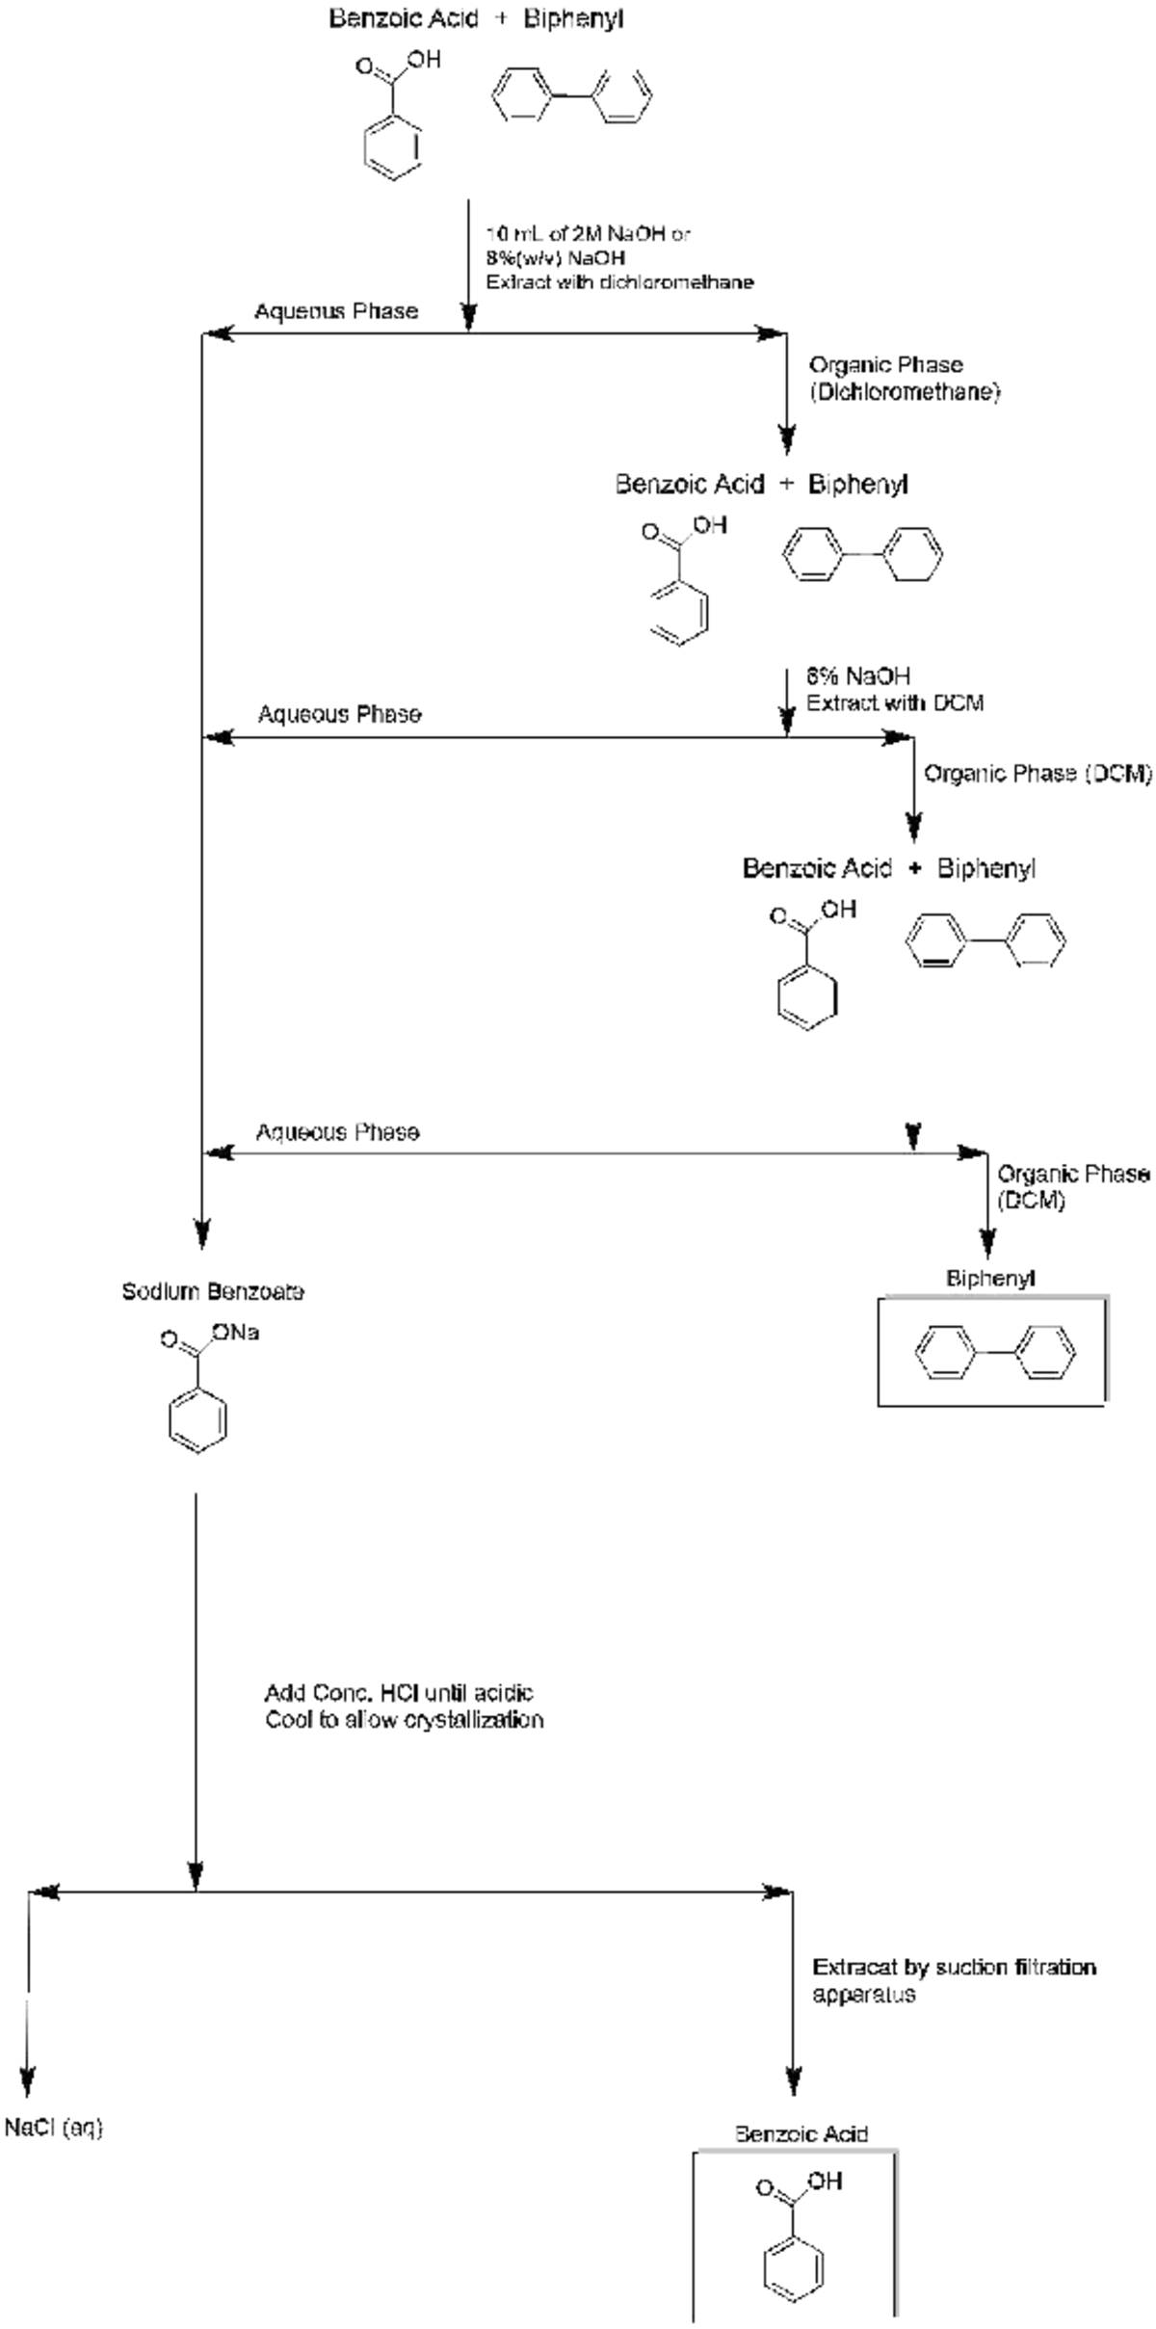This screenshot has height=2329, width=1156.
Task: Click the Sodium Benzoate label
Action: (x=213, y=1291)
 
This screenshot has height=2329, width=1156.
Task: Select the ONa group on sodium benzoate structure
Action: (x=237, y=1333)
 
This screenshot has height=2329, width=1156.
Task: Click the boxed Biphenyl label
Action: (x=990, y=1279)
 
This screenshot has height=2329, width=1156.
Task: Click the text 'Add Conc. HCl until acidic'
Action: (x=399, y=1693)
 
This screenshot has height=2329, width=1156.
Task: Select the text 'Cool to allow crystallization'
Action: (x=405, y=1720)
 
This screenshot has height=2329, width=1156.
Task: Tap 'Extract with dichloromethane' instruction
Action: (x=619, y=282)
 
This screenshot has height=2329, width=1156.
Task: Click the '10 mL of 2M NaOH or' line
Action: (x=588, y=233)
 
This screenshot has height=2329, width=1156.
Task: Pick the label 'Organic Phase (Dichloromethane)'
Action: (x=904, y=379)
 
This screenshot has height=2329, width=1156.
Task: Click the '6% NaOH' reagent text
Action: (x=858, y=675)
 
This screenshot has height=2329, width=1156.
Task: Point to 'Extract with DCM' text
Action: (x=895, y=702)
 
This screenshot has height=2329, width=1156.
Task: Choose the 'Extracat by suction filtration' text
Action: (x=954, y=1967)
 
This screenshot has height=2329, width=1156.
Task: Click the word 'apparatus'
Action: (x=863, y=1994)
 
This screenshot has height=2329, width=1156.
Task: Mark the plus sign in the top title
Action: (x=501, y=18)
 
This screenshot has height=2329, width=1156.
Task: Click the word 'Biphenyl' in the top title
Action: (x=573, y=18)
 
